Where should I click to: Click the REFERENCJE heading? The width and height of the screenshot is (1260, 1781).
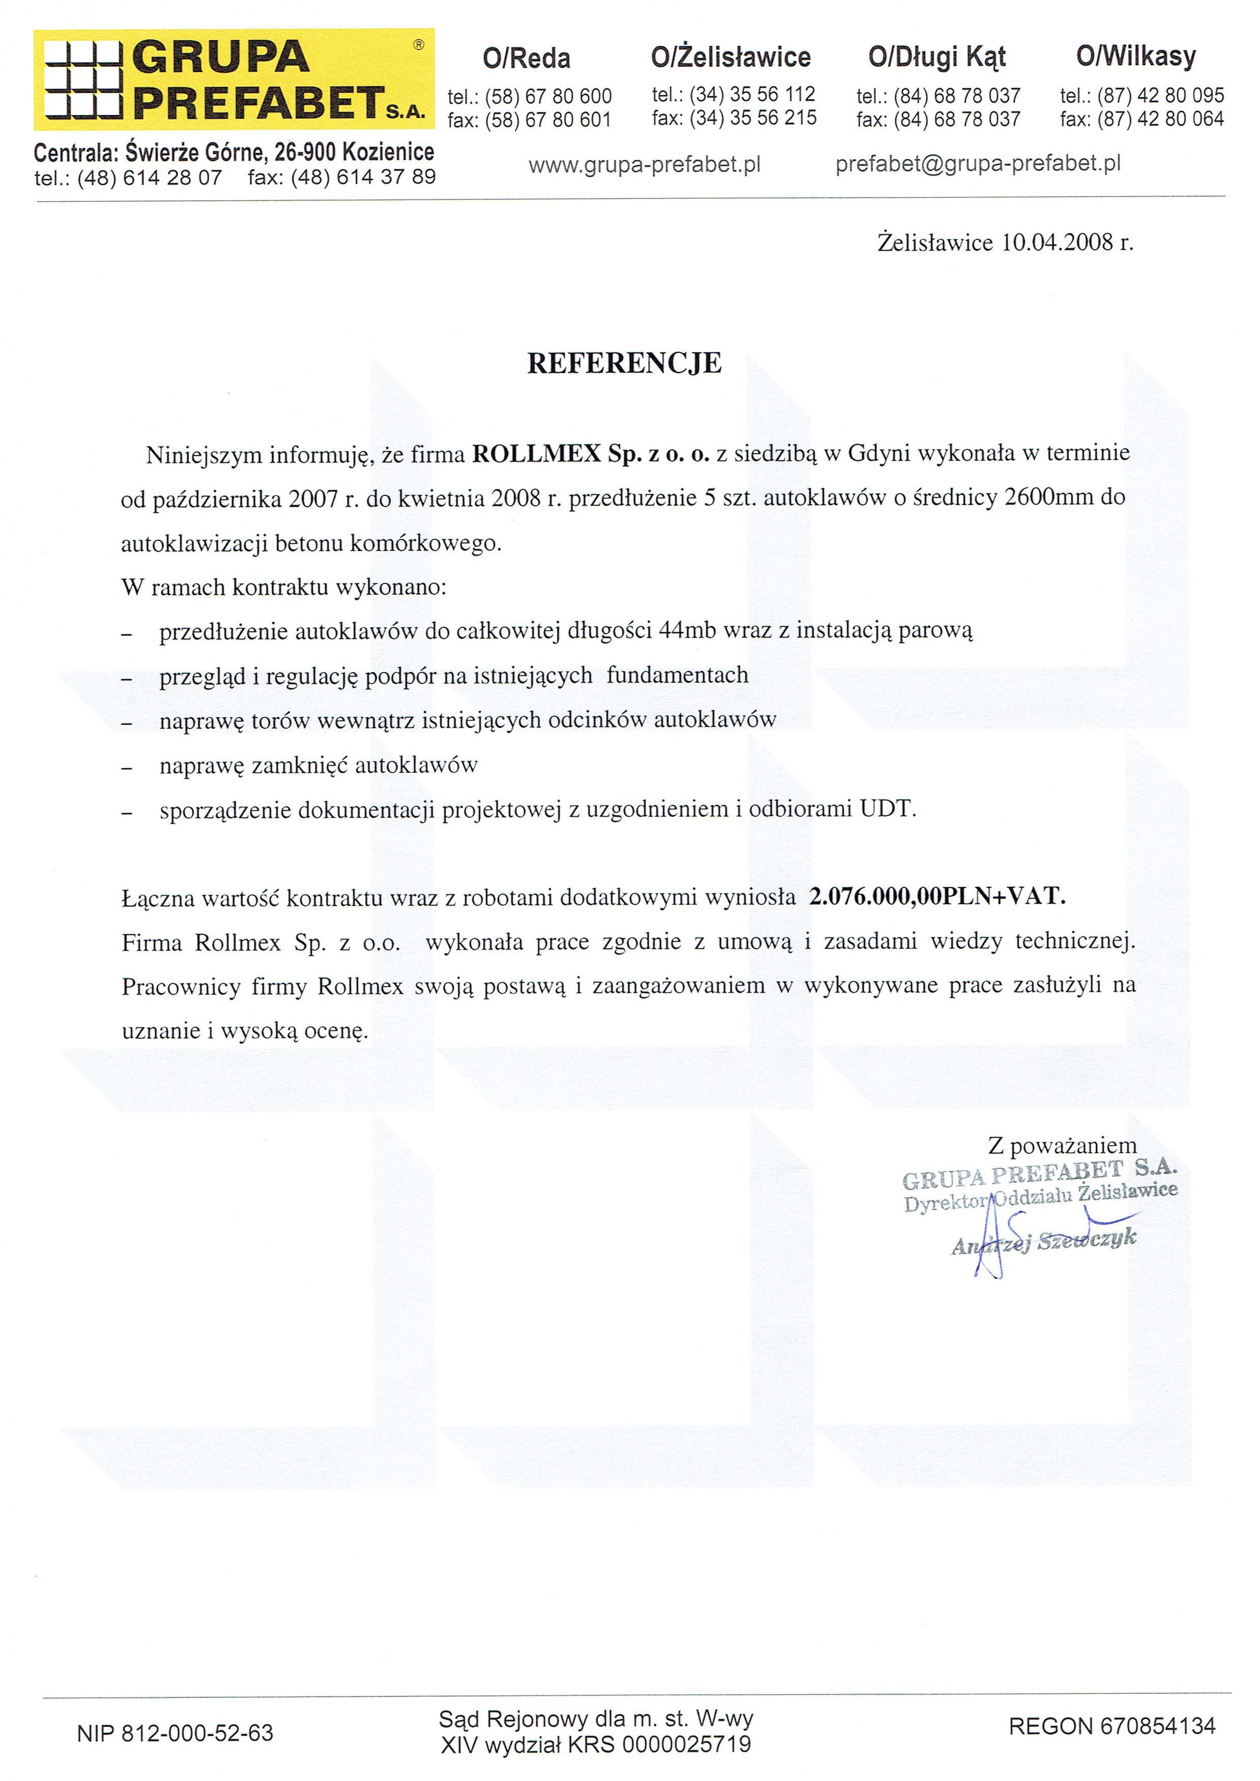624,363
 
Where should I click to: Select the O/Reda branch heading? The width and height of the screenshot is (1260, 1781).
526,58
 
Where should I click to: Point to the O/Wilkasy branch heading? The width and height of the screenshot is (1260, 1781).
1136,56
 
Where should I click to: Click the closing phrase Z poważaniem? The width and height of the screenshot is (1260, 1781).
1062,1145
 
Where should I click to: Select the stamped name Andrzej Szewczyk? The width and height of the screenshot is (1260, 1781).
1044,1241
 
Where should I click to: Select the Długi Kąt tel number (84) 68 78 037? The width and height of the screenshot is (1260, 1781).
957,96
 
